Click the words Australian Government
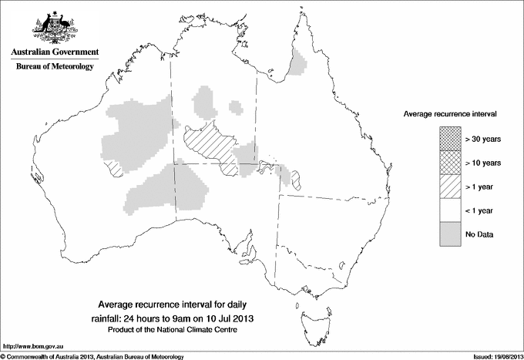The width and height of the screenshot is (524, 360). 54,52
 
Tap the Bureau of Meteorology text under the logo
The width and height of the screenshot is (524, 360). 54,67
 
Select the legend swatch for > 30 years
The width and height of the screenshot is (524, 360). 450,140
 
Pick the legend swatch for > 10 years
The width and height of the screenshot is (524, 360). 450,163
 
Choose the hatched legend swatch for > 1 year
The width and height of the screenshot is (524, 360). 450,187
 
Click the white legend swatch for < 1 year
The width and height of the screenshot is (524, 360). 450,210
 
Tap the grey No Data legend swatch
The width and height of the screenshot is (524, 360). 450,234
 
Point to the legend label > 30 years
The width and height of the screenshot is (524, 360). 482,140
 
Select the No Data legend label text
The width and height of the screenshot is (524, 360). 479,234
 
